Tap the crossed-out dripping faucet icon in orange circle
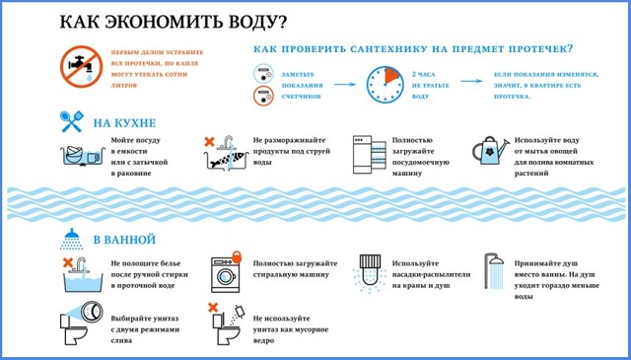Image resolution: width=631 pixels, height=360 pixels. click(78, 66)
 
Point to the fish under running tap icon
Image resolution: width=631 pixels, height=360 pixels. click(222, 155)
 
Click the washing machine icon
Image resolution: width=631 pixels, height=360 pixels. click(225, 275)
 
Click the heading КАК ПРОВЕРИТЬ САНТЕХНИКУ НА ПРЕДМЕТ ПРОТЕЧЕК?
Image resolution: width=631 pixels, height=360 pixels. click(414, 48)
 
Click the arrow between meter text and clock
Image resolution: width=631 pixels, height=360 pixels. click(343, 85)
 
